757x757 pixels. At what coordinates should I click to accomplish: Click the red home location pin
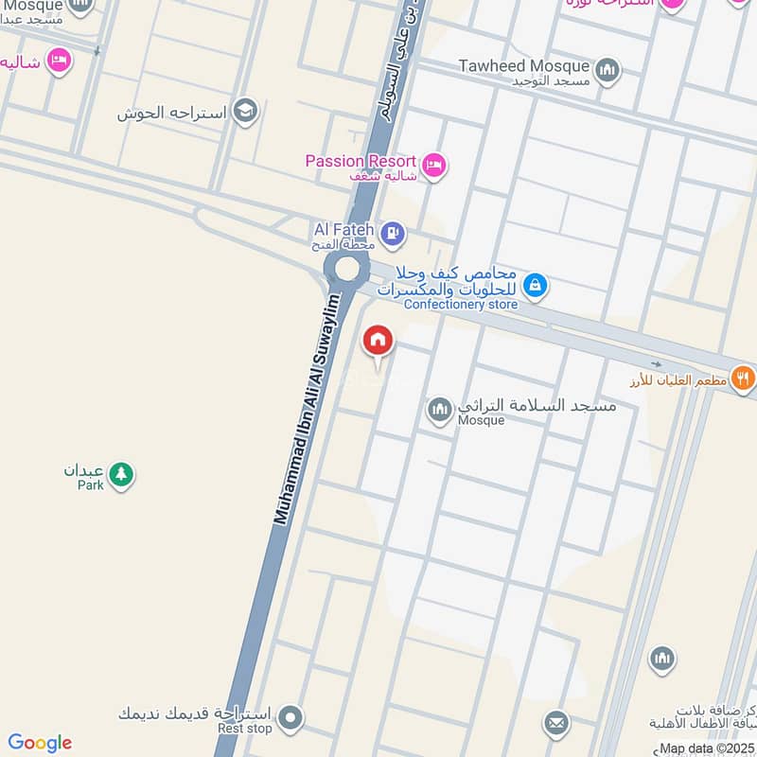(x=378, y=341)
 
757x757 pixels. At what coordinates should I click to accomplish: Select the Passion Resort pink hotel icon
(x=434, y=165)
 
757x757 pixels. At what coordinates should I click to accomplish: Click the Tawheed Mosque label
(x=523, y=66)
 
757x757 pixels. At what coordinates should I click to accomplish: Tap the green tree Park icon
(x=120, y=474)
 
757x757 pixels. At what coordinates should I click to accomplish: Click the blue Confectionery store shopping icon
(x=535, y=284)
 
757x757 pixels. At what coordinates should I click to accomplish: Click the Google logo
(x=40, y=743)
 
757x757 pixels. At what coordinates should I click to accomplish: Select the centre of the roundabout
(x=345, y=270)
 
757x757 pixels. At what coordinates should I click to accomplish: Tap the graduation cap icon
(x=245, y=112)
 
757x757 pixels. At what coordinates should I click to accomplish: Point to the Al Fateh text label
(x=344, y=229)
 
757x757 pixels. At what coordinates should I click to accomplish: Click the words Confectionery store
(x=461, y=305)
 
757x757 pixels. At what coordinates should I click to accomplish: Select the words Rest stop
(x=245, y=729)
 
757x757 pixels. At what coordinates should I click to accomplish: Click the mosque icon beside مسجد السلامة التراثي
(x=438, y=410)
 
